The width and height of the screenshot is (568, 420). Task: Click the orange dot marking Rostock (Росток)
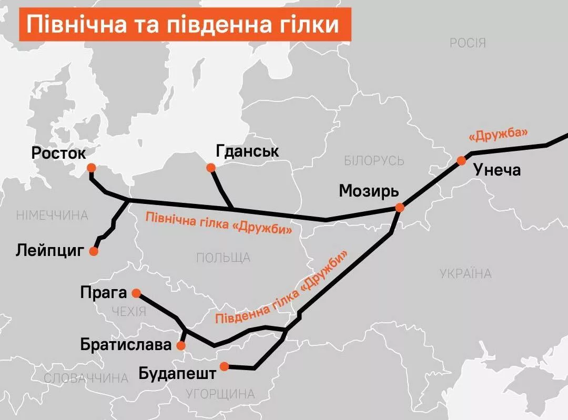pos(91,168)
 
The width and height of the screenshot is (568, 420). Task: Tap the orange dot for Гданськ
pos(211,168)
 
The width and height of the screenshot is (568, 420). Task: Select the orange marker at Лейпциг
pos(94,251)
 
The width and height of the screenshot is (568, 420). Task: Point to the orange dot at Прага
pos(136,293)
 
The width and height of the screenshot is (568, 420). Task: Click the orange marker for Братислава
pos(181,345)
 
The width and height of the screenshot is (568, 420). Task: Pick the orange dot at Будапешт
pos(225,366)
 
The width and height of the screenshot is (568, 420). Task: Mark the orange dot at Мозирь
pos(399,208)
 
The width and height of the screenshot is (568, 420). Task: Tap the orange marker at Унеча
pos(461,160)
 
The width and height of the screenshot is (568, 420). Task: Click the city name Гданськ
pos(247,152)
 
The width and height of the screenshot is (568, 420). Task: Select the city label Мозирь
pos(369,190)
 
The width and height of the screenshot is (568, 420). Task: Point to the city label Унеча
pos(497,170)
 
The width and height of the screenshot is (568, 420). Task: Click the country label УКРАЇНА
pos(465,273)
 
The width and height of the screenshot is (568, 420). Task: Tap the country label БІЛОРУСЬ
pos(374,161)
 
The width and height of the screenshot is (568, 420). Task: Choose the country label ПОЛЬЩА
pos(223,258)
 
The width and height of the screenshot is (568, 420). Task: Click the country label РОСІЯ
pos(468,43)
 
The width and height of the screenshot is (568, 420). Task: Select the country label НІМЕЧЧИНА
pos(52,216)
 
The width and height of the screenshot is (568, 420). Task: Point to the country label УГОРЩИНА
pos(220,394)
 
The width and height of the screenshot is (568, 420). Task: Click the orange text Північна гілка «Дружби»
pos(218,222)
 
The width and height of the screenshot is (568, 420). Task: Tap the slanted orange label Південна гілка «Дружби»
pos(282,289)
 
